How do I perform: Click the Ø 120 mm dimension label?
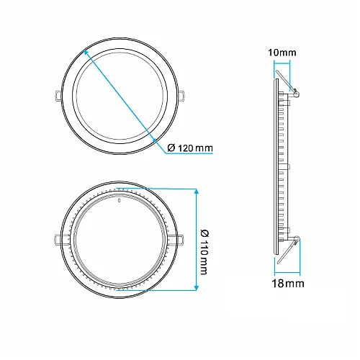189,148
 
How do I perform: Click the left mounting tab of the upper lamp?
56,94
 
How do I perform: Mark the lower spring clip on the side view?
292,245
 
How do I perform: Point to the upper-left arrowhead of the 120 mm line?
86,51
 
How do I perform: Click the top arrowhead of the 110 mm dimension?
197,191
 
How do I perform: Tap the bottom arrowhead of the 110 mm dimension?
197,287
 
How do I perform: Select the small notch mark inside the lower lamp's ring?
118,202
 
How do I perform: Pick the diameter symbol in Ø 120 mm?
171,148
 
